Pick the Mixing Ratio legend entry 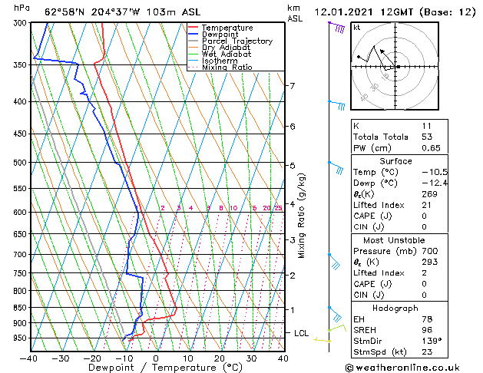click(x=227, y=68)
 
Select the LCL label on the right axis click(x=302, y=333)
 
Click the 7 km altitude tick click(x=292, y=85)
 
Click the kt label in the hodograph click(x=356, y=27)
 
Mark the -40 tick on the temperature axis click(x=28, y=358)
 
